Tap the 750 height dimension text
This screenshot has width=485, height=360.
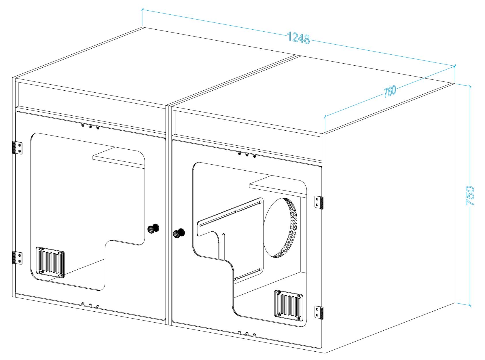coord(470,196)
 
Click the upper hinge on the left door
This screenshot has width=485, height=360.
coord(17,148)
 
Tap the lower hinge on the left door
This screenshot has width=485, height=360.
coord(17,258)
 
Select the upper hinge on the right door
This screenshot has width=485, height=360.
coord(319,202)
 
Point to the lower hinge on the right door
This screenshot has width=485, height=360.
coord(319,313)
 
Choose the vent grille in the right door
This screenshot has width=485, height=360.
coord(288,305)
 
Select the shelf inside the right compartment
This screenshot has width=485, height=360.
coord(276,186)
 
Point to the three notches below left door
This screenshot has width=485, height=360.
coord(90,305)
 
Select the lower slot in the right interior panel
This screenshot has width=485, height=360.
coord(248,274)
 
